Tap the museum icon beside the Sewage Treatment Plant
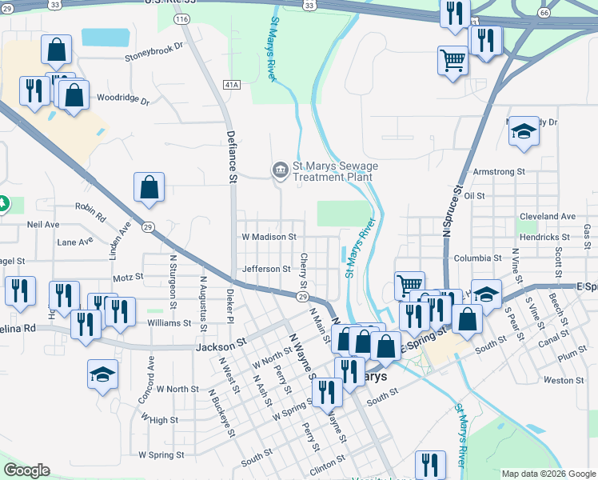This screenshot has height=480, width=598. point(281,169)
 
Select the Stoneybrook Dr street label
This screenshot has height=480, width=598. point(154,57)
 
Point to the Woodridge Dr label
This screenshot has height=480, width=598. point(123,100)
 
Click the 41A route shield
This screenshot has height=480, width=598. point(232,83)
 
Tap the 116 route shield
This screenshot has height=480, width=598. point(182,18)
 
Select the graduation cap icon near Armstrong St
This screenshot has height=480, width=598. point(524,131)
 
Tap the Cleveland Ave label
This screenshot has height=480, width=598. point(547,217)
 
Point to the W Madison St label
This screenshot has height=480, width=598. point(269,237)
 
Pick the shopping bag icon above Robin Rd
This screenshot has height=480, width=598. point(149,188)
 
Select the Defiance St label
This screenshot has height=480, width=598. point(232,158)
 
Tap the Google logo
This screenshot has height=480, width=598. point(26,470)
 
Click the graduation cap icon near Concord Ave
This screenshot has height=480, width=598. point(103,374)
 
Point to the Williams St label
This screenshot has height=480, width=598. point(169,324)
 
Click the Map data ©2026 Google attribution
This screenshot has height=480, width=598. point(548,474)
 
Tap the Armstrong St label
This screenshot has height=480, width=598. point(499,172)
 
